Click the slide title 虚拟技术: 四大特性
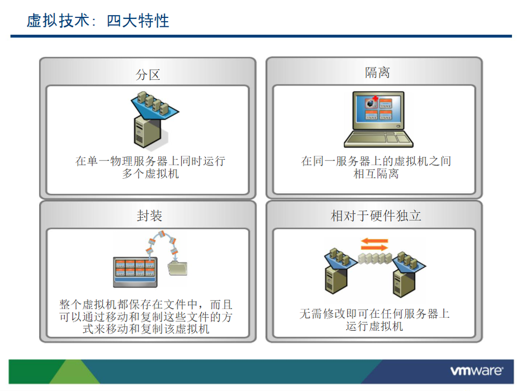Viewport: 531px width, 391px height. tap(98, 21)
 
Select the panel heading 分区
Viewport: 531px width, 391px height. tap(148, 75)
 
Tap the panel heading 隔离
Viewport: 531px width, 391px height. tap(377, 73)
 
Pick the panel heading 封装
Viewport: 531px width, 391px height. tap(149, 216)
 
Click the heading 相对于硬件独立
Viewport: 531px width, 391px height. tap(376, 216)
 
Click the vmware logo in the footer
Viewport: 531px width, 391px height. tap(476, 371)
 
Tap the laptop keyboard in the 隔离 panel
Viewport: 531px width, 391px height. tap(378, 139)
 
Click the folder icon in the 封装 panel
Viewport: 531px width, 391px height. tap(178, 268)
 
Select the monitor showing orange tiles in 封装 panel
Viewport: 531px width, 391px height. tap(135, 272)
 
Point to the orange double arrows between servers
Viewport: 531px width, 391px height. tap(374, 245)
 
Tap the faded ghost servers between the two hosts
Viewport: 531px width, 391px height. tap(375, 259)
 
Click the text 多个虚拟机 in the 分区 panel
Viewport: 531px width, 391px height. tap(150, 174)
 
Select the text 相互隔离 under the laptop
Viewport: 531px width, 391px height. tap(376, 174)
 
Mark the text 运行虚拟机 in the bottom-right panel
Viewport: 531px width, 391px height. tap(374, 326)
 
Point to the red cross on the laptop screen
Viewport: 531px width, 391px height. tap(375, 98)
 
